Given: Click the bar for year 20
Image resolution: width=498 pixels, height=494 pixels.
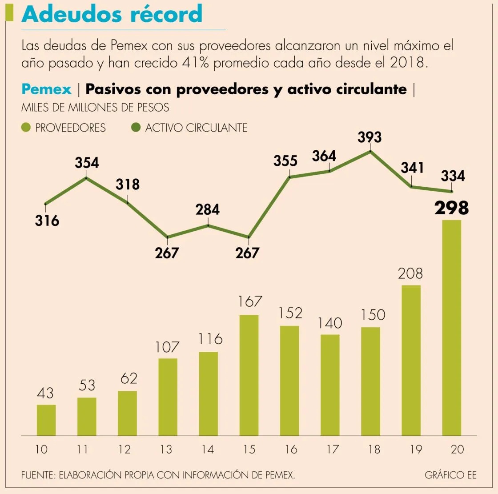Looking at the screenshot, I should tap(451, 328).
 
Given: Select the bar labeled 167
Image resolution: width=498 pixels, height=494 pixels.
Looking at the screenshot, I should tap(249, 375).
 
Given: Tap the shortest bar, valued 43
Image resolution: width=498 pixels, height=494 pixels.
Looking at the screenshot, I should tap(46, 420).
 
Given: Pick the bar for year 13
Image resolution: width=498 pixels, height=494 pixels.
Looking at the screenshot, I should tap(168, 397).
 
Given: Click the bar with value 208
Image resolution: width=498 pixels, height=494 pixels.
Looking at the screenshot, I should tap(411, 360).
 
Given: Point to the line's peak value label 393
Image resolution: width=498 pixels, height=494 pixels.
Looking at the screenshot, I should tap(369, 137).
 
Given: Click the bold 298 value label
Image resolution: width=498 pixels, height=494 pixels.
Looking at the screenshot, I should tap(451, 208).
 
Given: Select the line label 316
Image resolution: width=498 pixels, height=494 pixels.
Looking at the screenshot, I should tap(47, 220).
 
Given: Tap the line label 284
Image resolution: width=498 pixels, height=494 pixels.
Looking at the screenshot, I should tap(208, 209).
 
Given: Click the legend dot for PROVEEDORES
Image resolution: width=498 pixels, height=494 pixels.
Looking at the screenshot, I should tap(26, 128).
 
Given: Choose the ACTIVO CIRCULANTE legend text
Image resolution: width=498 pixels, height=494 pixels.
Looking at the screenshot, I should tap(196, 128).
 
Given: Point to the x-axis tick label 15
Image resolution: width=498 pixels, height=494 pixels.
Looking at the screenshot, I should tap(249, 450).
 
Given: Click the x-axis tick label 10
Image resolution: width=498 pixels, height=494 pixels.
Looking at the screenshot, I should tap(41, 450).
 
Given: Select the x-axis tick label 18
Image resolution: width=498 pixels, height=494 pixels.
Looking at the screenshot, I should tap(374, 450).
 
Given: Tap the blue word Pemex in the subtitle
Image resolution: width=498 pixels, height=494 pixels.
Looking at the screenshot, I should tap(46, 89).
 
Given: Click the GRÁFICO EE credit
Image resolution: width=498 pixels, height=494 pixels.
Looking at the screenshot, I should tap(450, 475).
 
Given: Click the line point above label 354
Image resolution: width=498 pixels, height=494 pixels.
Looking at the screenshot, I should tap(86, 177).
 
